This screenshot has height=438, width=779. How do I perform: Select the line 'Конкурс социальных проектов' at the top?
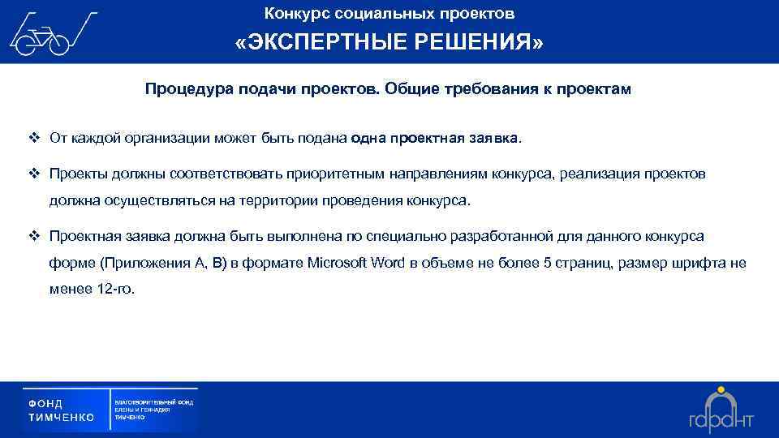point(389,14)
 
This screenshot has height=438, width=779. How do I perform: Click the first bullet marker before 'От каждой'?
point(34,138)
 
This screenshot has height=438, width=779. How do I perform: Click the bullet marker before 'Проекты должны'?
point(34,174)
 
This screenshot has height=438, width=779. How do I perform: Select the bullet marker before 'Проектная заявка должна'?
point(34,236)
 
